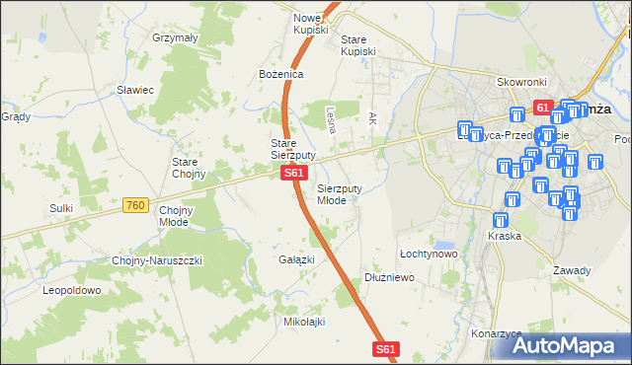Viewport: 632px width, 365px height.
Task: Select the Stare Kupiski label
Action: (x=358, y=45)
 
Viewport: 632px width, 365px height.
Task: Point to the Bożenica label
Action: (x=280, y=74)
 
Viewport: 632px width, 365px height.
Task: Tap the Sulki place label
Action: (x=62, y=208)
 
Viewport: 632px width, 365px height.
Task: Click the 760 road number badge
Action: (x=136, y=205)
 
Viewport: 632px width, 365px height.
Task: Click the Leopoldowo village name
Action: (x=72, y=290)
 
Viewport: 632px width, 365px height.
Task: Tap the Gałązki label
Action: (x=296, y=259)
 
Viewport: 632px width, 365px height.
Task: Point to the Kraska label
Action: (x=504, y=237)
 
